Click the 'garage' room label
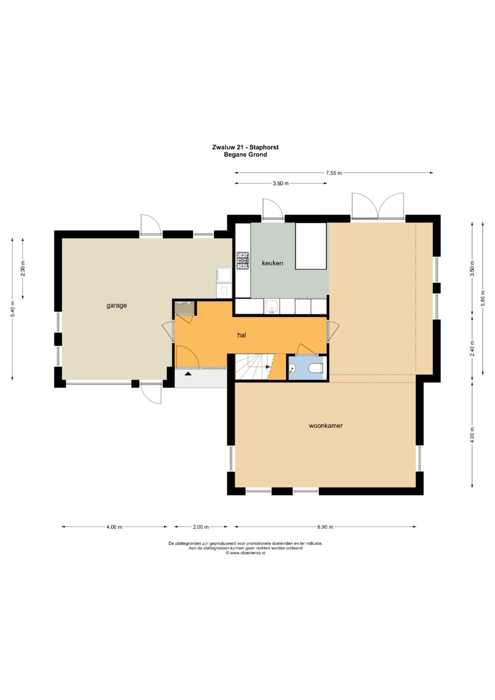pos(116,306)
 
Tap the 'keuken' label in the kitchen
pos(272,263)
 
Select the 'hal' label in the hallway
pos(242,335)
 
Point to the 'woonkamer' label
pos(325,425)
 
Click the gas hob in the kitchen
pos(243,261)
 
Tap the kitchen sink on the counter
pos(272,306)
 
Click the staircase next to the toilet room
pos(254,367)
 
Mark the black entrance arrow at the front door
pos(188,374)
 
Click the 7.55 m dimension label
pos(334,173)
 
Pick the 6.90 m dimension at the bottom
pos(325,527)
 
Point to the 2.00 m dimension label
pos(201,527)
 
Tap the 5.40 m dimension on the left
pos(12,309)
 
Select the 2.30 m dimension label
pos(23,269)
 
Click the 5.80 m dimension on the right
pos(483,299)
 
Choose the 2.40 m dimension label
pos(472,348)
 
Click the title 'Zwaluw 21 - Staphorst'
pos(245,147)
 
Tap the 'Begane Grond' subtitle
pos(245,154)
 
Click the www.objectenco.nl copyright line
pos(246,553)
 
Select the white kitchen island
pos(311,246)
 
